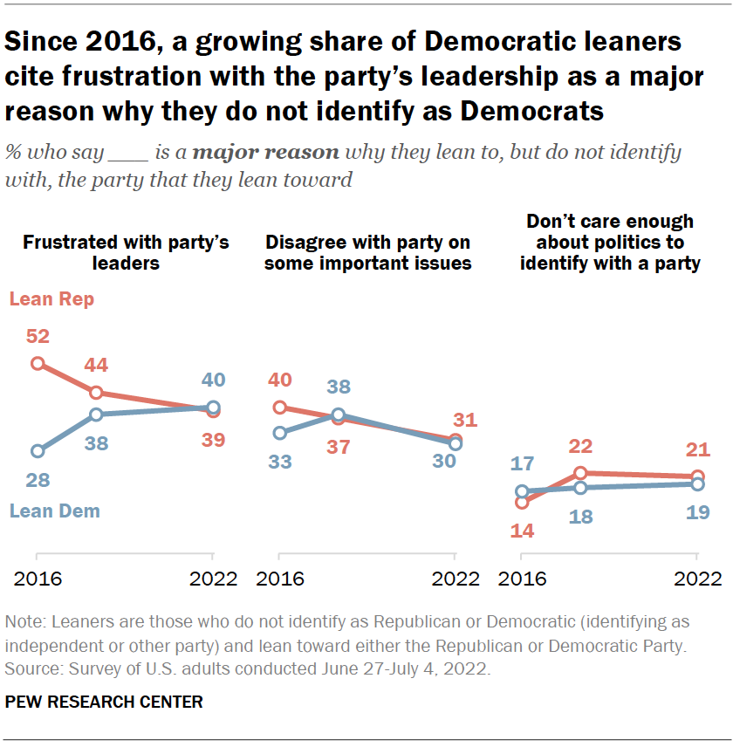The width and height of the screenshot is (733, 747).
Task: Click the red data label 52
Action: pos(37,337)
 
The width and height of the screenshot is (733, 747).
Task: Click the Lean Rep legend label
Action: pos(51,299)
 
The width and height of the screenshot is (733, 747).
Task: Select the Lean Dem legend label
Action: pos(54,511)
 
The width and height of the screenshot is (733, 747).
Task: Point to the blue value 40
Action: pos(213,380)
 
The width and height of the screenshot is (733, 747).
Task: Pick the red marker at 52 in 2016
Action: pos(38,363)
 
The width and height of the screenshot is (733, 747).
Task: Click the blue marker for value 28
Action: pos(38,451)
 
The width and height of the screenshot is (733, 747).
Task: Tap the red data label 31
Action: pos(465,420)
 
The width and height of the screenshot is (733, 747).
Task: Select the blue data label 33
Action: pos(279,462)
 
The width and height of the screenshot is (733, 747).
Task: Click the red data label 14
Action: pos(522,530)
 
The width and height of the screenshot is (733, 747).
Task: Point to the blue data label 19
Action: pos(696,512)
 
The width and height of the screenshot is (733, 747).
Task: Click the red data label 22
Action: pos(580,447)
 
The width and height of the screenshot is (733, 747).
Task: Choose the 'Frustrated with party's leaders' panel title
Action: pos(126,251)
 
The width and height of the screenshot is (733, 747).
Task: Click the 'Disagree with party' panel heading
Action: pos(367,251)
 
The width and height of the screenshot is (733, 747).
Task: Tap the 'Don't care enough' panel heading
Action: pos(610,242)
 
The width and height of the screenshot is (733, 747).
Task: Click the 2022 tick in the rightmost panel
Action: pos(697,579)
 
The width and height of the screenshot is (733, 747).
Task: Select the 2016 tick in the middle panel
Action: pos(279,579)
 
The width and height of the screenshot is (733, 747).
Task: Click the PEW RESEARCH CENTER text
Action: pos(104,701)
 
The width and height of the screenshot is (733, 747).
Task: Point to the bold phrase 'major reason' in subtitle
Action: pos(265,153)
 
